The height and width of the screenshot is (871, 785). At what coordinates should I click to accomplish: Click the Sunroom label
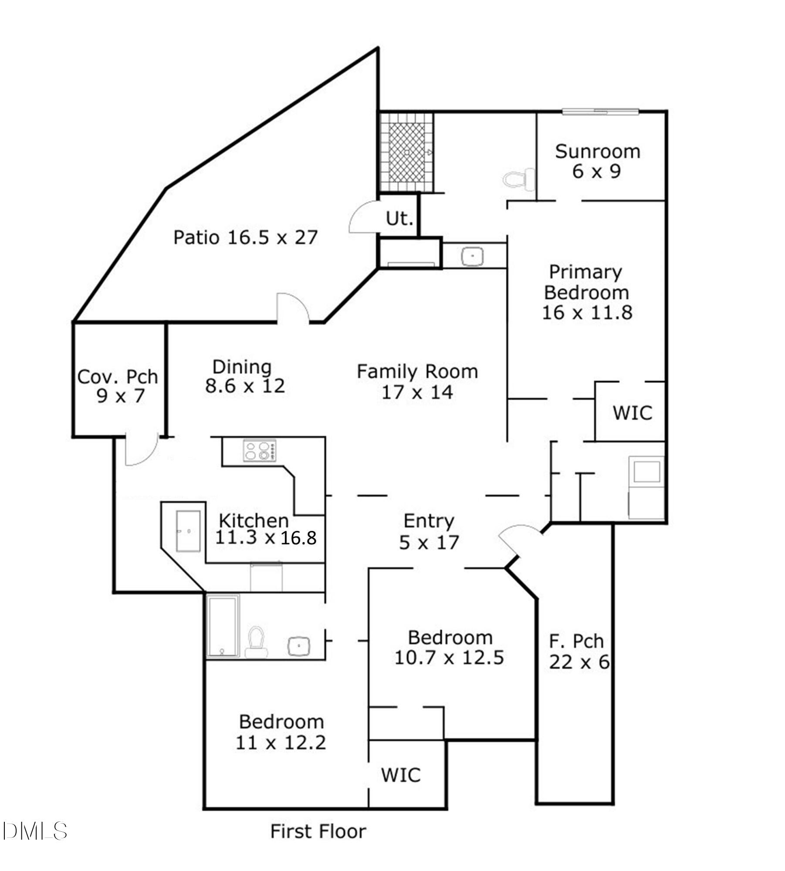(x=597, y=152)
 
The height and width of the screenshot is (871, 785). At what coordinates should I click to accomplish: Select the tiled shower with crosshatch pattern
(x=406, y=152)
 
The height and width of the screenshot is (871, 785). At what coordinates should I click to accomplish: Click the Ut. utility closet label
(x=399, y=218)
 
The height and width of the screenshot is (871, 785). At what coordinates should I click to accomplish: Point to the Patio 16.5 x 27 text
(x=245, y=238)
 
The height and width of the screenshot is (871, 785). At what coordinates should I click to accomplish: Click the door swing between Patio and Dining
(x=293, y=308)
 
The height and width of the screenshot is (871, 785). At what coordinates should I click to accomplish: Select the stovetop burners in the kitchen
(x=259, y=450)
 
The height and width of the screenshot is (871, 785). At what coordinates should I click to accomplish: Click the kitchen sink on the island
(x=188, y=531)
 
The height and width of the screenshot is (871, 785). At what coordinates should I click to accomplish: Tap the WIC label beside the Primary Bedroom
(x=632, y=413)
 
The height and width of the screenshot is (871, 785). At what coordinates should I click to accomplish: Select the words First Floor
(x=318, y=831)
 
